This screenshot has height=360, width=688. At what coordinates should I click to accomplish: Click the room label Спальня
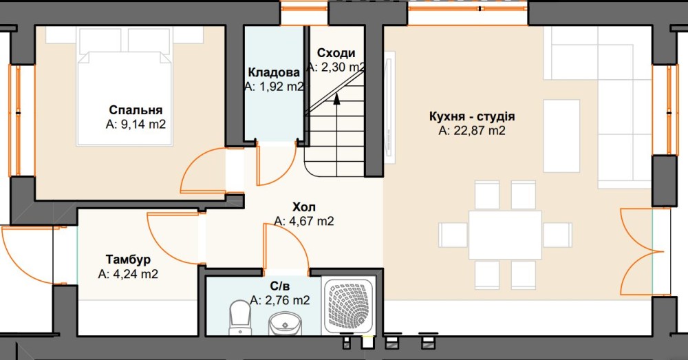136,109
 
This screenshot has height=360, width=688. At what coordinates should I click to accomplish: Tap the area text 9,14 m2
143,124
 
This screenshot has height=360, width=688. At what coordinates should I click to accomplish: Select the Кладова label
274,72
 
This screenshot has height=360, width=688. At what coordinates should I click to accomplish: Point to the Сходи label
336,53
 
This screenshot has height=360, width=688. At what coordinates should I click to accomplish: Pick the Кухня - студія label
472,116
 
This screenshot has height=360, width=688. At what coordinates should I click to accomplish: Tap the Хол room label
304,207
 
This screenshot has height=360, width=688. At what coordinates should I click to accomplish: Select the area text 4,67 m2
311,221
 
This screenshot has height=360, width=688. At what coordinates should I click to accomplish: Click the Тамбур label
128,260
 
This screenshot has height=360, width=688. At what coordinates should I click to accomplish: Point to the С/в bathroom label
280,286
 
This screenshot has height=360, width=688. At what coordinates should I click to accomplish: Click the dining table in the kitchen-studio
505,235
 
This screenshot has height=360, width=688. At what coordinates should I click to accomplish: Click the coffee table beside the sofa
561,136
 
